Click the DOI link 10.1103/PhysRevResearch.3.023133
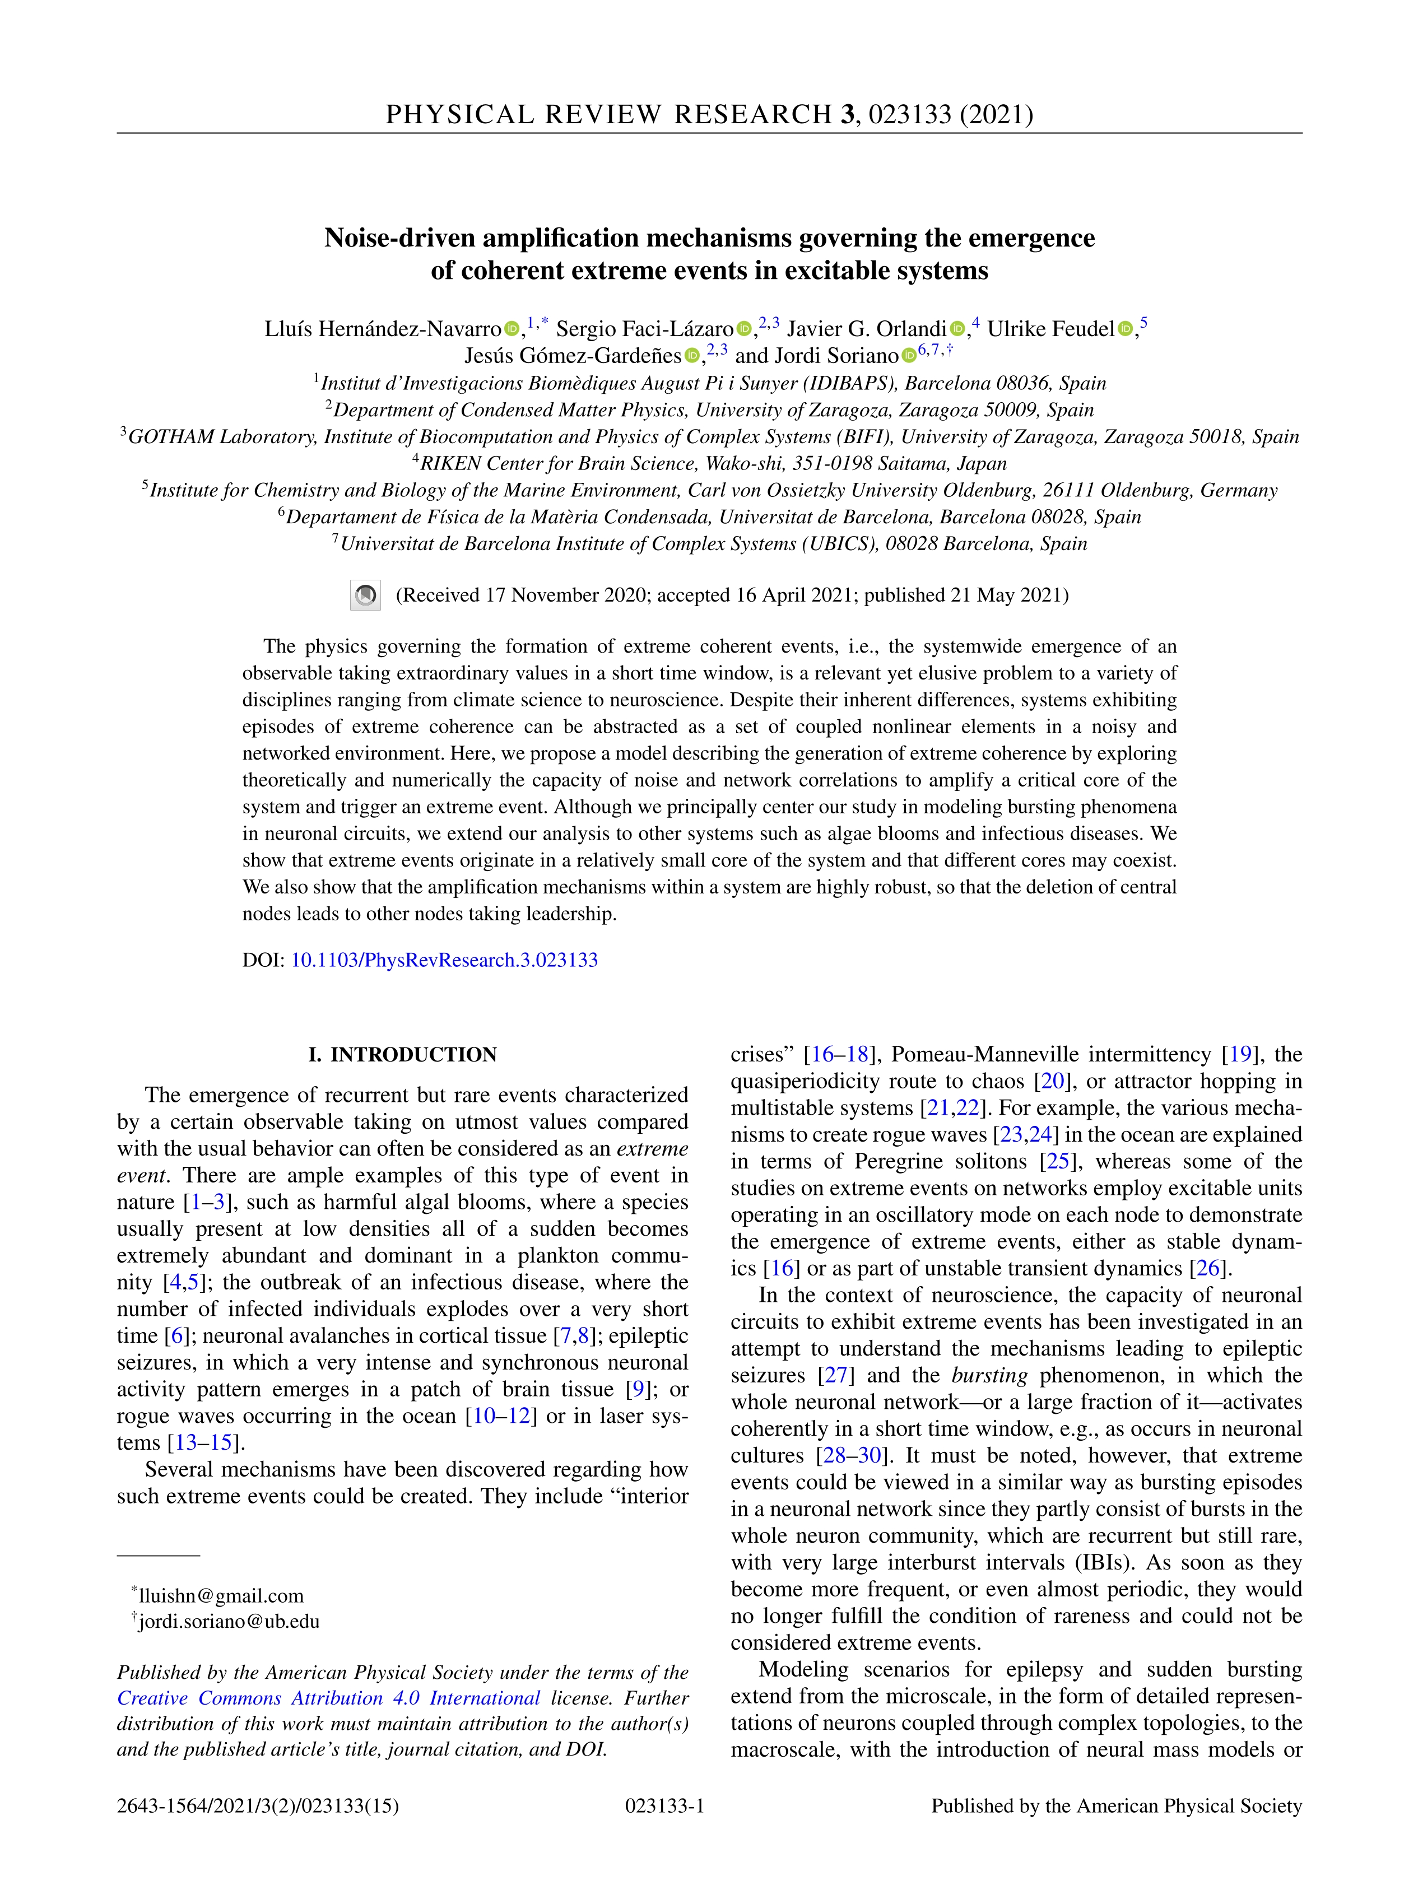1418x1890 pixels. coord(444,960)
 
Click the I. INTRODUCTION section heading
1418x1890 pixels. coord(403,1054)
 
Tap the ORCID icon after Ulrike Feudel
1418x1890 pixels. coord(1125,329)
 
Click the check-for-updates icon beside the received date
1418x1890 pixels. coord(365,595)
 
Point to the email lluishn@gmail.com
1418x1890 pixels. coord(221,1595)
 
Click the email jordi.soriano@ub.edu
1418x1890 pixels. coord(229,1621)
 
